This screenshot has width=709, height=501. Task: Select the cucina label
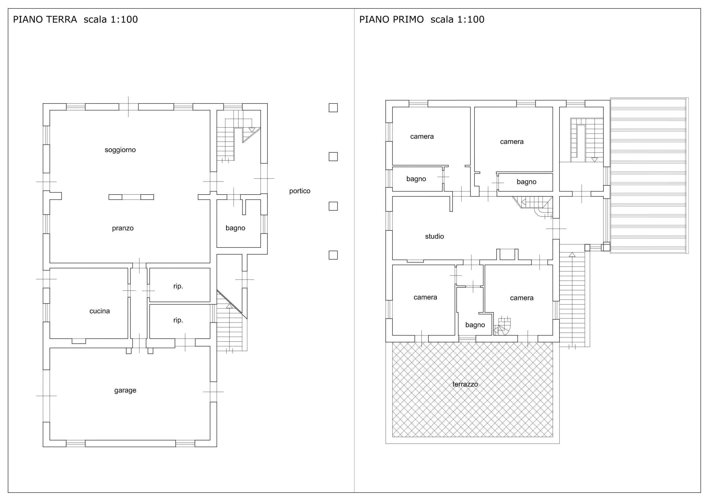(99, 311)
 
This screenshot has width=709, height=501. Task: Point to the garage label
(125, 391)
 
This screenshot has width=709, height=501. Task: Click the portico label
(300, 191)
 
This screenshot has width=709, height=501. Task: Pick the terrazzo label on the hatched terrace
(465, 384)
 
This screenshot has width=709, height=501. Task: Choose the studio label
(435, 236)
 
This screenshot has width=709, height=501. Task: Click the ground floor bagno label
(235, 228)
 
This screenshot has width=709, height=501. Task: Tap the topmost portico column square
(333, 108)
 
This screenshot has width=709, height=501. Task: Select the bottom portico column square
(333, 255)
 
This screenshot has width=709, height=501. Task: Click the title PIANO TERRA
(45, 19)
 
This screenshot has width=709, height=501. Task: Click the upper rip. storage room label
(178, 286)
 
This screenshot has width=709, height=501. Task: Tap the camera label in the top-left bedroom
(422, 137)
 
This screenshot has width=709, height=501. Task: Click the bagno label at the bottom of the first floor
(475, 325)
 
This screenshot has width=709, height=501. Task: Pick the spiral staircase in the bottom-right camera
(502, 326)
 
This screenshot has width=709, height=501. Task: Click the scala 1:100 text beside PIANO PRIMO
(457, 19)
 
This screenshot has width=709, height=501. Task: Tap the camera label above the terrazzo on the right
(522, 298)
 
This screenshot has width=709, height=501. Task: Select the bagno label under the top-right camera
(526, 182)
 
